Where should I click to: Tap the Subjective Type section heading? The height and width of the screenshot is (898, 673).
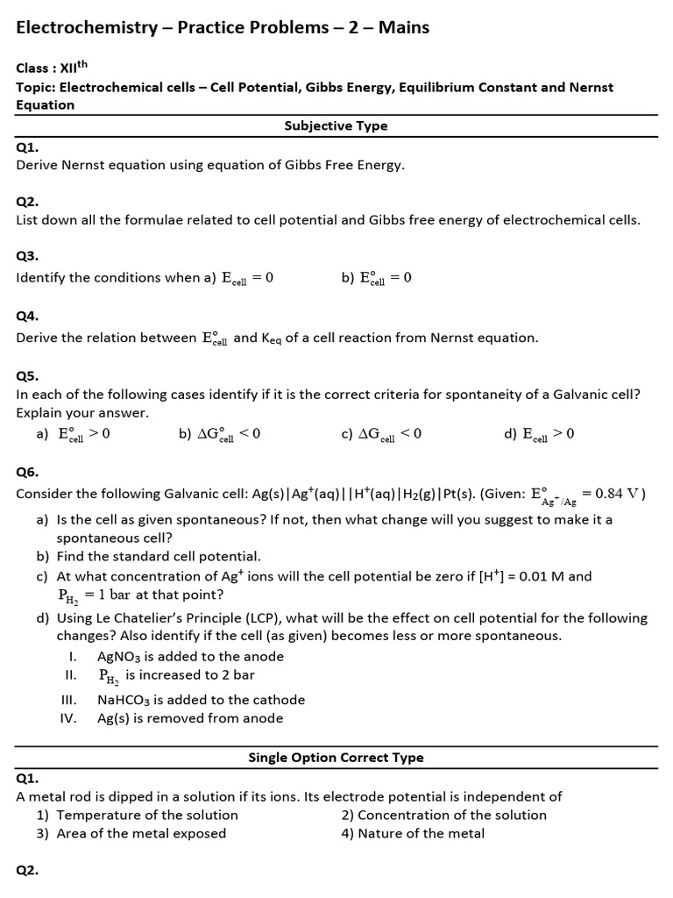pyautogui.click(x=336, y=125)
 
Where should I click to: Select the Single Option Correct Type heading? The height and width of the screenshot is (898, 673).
pyautogui.click(x=336, y=758)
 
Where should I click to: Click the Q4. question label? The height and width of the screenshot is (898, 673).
pyautogui.click(x=27, y=316)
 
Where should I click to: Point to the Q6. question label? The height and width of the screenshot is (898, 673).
pyautogui.click(x=27, y=472)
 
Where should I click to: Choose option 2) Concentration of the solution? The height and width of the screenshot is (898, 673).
pyautogui.click(x=443, y=815)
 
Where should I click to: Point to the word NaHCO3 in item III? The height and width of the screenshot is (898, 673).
pyautogui.click(x=125, y=700)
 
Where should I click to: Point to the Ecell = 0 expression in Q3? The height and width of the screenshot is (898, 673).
pyautogui.click(x=247, y=278)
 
